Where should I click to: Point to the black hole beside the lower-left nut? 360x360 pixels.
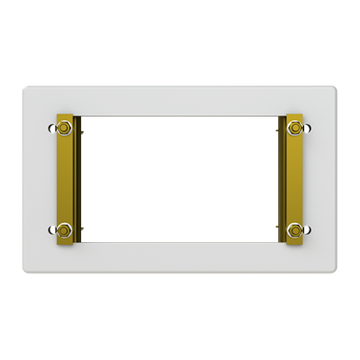pyautogui.click(x=50, y=229)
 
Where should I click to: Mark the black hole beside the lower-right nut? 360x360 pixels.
pyautogui.click(x=309, y=229)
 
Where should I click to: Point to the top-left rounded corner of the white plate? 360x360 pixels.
pyautogui.click(x=26, y=88)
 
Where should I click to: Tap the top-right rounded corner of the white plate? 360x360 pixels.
pyautogui.click(x=334, y=88)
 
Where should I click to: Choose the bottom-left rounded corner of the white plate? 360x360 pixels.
pyautogui.click(x=26, y=271)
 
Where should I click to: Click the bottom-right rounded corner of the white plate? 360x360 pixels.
pyautogui.click(x=334, y=271)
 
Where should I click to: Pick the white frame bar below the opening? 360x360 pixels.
pyautogui.click(x=180, y=258)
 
